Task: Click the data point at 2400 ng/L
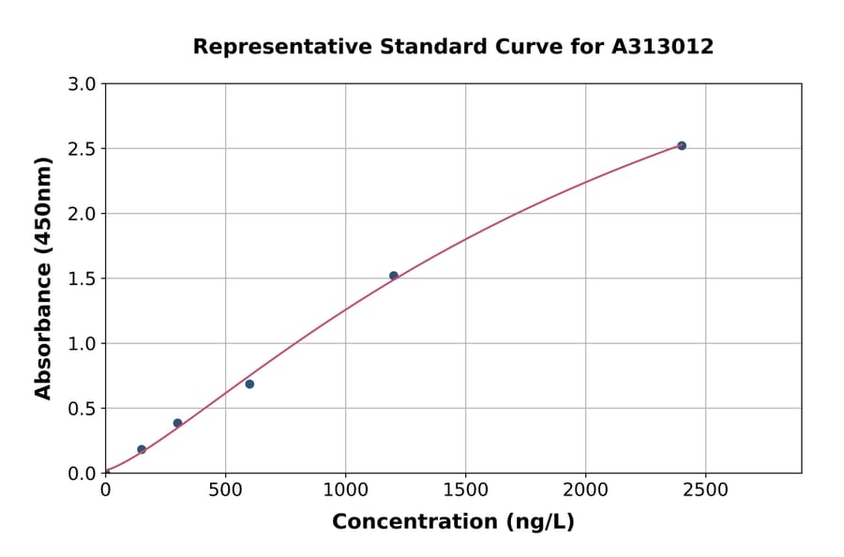(682, 145)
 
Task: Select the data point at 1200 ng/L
(394, 276)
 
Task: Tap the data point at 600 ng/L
(249, 384)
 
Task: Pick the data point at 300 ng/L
(177, 423)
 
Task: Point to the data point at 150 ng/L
(142, 449)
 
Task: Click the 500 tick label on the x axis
(225, 489)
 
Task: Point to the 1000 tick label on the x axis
(345, 489)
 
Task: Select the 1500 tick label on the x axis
(465, 489)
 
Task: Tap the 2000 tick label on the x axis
(585, 489)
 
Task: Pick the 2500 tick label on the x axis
(705, 489)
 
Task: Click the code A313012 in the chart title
(663, 47)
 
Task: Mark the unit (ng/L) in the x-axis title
(539, 522)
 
